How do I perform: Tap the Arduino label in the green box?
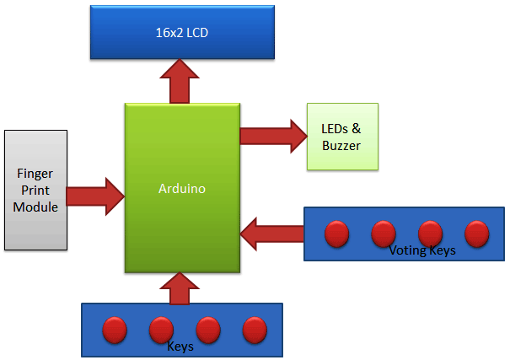[182, 189]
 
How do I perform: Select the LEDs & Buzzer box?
[341, 137]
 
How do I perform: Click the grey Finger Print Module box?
[35, 190]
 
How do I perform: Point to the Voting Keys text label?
[422, 250]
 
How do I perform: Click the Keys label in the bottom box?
[182, 346]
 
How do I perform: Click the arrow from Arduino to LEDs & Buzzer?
[272, 136]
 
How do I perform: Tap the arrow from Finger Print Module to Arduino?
[94, 195]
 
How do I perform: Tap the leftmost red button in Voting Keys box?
[337, 233]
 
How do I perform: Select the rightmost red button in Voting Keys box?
[477, 233]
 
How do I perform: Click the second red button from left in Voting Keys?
[384, 233]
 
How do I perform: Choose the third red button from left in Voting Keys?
[431, 233]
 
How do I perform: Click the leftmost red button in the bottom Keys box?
[115, 330]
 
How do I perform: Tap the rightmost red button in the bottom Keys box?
[255, 330]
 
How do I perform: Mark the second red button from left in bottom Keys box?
[161, 330]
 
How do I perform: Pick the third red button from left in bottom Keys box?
[208, 330]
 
